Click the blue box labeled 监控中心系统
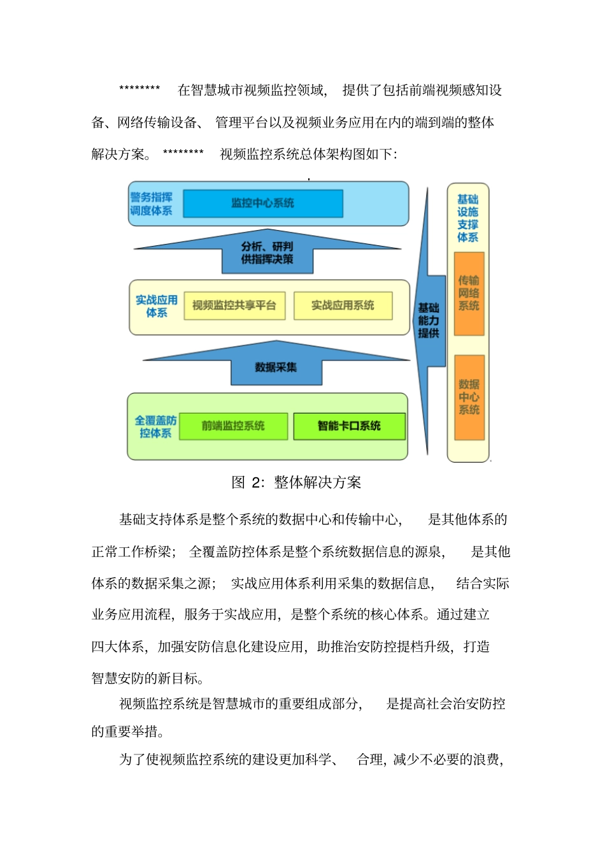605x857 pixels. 262,203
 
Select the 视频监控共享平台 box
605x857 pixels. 234,306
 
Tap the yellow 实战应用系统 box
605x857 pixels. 343,306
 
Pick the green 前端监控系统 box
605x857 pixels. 233,426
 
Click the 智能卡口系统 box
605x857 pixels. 349,426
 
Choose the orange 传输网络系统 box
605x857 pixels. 469,294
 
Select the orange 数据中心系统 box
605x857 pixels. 469,398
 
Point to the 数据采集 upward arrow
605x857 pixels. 276,366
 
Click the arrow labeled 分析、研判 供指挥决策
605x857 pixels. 267,252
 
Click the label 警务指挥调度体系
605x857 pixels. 152,204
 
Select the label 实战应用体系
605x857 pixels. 157,306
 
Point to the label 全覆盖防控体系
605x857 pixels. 155,427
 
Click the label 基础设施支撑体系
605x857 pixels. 467,219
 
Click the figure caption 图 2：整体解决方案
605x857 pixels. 296,482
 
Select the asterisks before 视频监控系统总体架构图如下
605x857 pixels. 183,152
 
